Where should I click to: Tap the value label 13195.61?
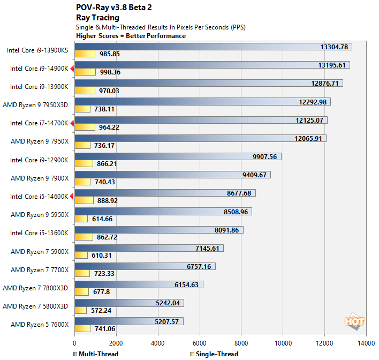[x=333, y=65]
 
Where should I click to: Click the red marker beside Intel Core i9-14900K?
[x=72, y=69]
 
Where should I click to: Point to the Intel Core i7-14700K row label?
[x=39, y=123]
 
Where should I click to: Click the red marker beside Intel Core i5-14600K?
[x=72, y=197]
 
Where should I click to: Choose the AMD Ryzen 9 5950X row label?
[x=40, y=215]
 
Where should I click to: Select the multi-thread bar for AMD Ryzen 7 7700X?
[x=145, y=266]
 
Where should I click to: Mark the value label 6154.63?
[x=186, y=284]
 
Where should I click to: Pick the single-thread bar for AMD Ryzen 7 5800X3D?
[x=80, y=310]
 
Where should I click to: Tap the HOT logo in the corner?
[x=354, y=321]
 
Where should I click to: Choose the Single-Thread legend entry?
[x=214, y=354]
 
